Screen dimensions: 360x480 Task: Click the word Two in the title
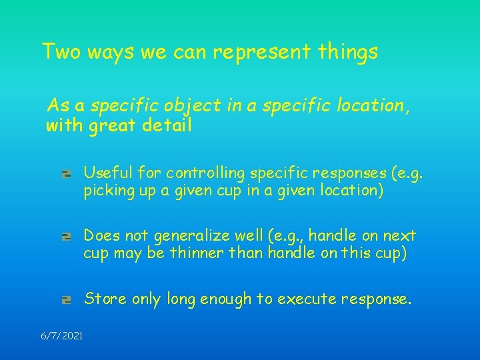click(60, 51)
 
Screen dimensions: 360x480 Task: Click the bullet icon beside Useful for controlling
click(66, 174)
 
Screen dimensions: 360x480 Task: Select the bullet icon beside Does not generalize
click(66, 236)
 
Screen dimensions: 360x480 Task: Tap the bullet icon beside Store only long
click(66, 300)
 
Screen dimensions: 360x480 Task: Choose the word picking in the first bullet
click(107, 191)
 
